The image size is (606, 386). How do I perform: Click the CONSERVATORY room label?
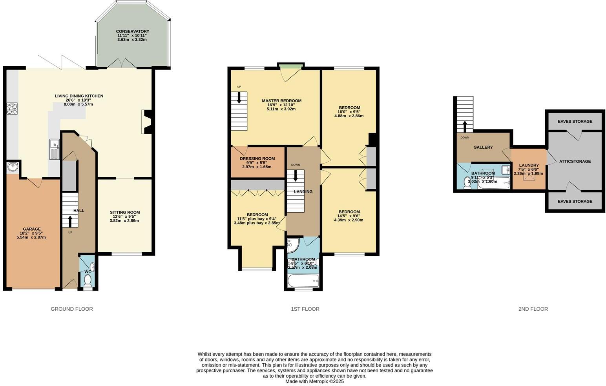[132, 31]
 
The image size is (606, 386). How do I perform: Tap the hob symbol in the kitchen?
[12, 108]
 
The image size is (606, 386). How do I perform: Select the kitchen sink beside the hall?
[54, 149]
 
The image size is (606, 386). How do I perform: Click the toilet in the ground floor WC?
[88, 280]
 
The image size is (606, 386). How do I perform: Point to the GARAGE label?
[31, 229]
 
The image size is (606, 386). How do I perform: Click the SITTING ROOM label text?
[124, 212]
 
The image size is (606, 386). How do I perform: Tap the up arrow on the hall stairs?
[70, 222]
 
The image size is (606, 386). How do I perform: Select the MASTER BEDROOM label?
[281, 101]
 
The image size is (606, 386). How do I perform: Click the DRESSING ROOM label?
[257, 158]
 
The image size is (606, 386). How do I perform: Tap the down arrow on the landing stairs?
[295, 176]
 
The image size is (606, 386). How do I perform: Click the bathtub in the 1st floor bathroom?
[303, 280]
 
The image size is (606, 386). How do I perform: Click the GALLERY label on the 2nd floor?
[483, 147]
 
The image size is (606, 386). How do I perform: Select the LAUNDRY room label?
[529, 165]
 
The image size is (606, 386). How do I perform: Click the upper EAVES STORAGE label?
[575, 122]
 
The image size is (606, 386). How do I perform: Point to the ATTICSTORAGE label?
[575, 161]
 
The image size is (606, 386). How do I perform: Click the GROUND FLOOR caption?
[71, 309]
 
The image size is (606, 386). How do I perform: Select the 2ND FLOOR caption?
[533, 309]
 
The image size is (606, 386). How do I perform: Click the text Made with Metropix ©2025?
[314, 381]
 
